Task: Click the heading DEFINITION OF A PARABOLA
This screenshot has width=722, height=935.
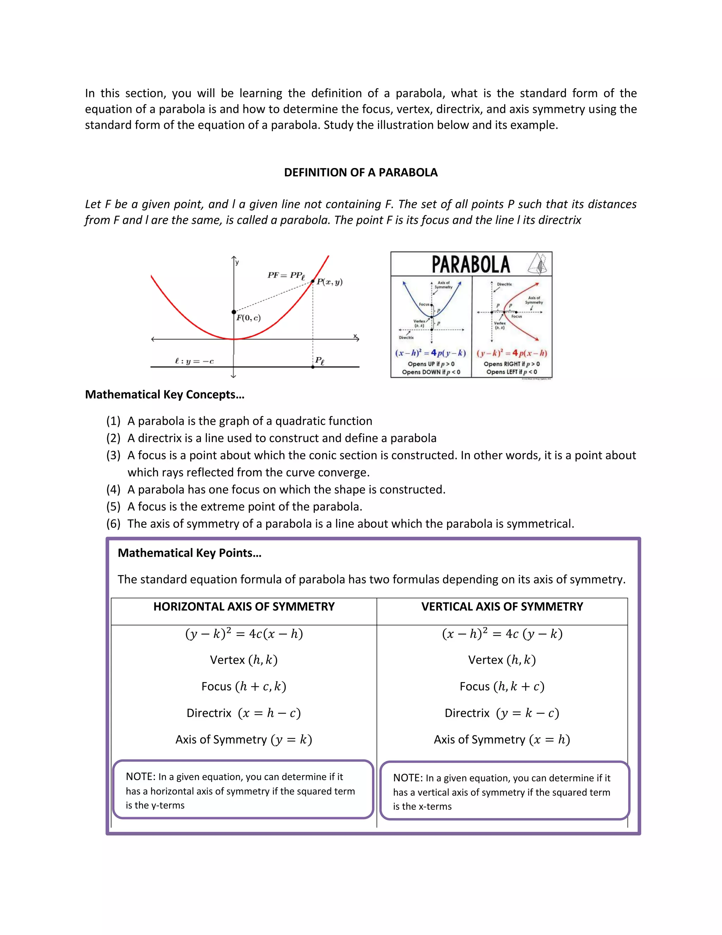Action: coord(361,173)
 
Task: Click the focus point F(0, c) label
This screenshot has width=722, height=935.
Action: coord(249,318)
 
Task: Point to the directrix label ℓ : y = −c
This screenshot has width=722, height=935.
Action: coord(194,361)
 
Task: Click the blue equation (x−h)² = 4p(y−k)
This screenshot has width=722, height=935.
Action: coord(430,353)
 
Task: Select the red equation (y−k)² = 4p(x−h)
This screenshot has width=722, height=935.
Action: coord(512,353)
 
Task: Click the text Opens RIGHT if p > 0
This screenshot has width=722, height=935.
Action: coord(512,364)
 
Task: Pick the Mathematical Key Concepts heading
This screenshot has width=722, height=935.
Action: coord(165,394)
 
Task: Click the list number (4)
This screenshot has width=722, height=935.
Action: coord(114,489)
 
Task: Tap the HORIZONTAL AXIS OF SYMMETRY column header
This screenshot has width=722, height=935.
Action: coord(244,607)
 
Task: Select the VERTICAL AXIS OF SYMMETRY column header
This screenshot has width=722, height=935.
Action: coord(502,607)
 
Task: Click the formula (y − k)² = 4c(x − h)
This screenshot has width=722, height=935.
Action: coord(244,634)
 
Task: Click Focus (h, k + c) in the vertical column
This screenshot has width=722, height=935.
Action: coord(502,687)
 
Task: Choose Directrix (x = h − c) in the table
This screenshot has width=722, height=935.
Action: coord(244,713)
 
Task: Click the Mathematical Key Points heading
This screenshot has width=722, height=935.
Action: coord(189,553)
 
